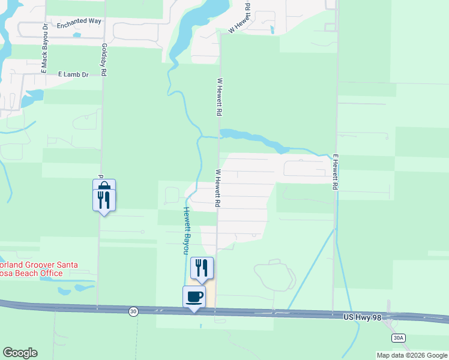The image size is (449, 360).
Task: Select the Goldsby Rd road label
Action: point(104,59)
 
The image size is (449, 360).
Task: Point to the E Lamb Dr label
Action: point(73,74)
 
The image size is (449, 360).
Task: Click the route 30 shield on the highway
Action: point(133,311)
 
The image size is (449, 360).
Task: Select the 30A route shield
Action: point(398,338)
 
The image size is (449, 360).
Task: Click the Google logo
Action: point(20,353)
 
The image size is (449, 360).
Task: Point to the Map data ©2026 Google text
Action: point(411,355)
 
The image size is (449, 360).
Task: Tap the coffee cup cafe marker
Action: point(194,296)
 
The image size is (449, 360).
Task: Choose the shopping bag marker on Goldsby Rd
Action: point(104,187)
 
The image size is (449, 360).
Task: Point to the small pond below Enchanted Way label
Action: point(77,35)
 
